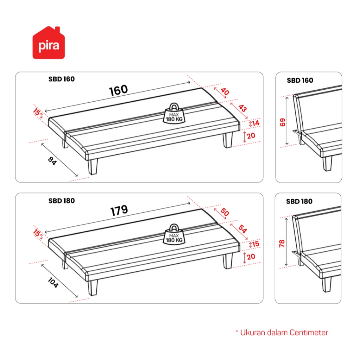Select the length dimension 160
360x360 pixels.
coord(118,90)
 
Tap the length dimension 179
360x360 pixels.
coord(119,211)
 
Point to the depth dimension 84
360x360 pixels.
coord(52,161)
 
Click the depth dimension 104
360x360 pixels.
coord(53,282)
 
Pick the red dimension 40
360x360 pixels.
coord(225,91)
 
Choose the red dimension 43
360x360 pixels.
coord(243,108)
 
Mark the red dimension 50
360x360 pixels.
coord(225,212)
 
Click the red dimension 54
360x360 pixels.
coord(243,229)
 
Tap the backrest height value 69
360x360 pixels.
coord(283,122)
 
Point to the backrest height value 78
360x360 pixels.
coord(282,244)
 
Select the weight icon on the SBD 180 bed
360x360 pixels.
coord(174,234)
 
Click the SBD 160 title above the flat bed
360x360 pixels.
coord(62,79)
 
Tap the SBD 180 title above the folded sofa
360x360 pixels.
coord(299,201)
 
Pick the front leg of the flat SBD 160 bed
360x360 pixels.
coord(93,167)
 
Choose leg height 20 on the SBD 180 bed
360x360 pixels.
coord(251,257)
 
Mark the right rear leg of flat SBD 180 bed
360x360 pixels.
coord(227,261)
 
